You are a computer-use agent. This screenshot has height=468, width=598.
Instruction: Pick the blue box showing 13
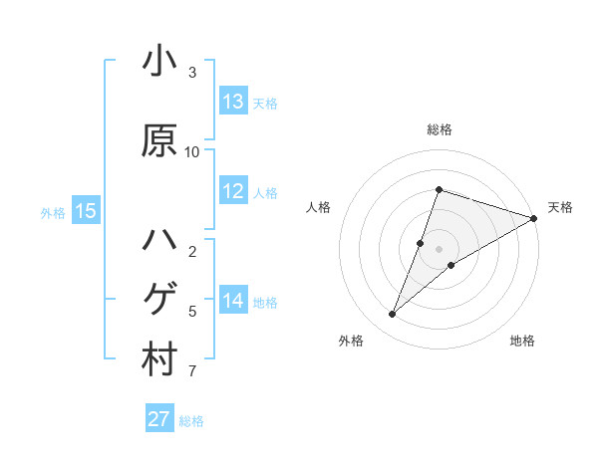point(233,102)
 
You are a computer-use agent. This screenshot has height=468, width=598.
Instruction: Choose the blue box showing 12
point(233,191)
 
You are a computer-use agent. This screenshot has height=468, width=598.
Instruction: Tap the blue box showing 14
point(233,301)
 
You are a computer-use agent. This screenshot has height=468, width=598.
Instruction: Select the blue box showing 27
point(159,419)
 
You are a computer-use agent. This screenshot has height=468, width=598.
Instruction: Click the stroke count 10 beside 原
point(192,151)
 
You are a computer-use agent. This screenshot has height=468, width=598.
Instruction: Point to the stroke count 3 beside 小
point(192,72)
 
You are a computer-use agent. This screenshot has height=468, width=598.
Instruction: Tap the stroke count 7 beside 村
point(192,371)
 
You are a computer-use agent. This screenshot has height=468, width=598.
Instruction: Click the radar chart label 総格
point(440,129)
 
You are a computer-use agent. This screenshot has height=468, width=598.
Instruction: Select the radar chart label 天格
point(560,207)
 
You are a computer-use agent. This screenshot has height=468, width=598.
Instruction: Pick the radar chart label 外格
point(351,342)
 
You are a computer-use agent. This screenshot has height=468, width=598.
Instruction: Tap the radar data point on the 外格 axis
point(393,315)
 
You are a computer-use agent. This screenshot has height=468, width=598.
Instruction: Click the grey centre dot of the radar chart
point(440,249)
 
